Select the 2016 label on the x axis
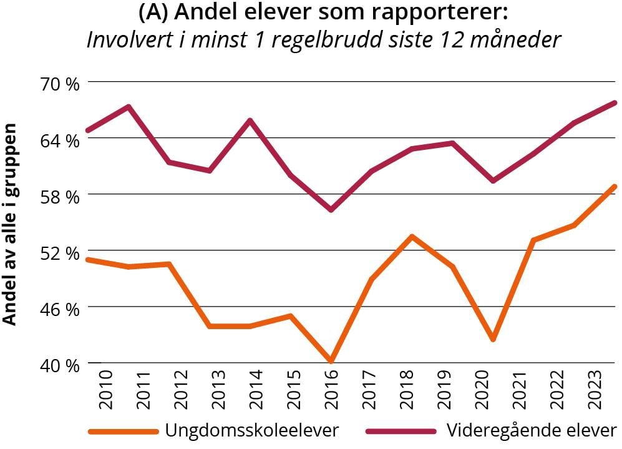pos(330,385)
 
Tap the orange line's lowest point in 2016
pos(331,361)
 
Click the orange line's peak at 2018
pos(412,236)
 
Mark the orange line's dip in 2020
pos(493,339)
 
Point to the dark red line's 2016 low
pos(331,209)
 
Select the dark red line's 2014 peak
pos(250,120)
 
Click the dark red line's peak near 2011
pos(128,107)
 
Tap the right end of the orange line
pos(615,187)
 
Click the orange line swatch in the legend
pos(124,431)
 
